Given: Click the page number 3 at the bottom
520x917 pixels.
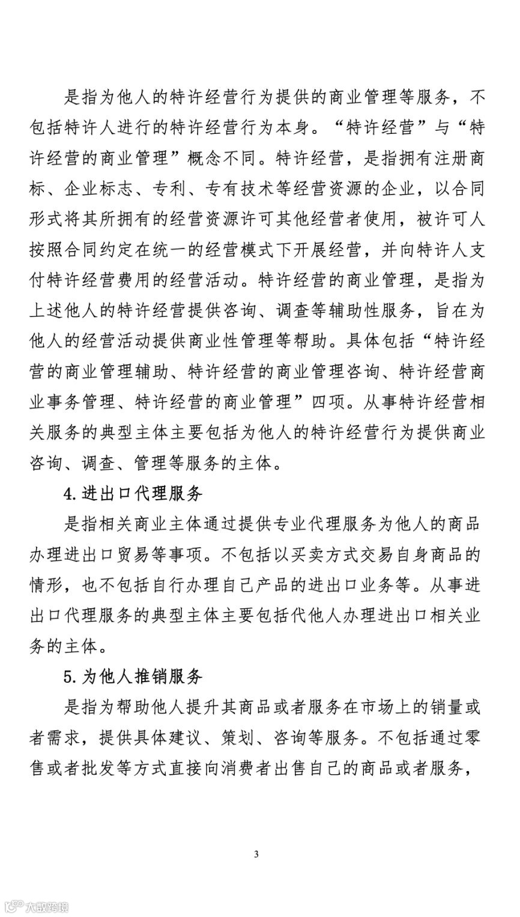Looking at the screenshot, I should [x=256, y=854].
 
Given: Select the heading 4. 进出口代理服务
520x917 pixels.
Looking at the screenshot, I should [x=133, y=495].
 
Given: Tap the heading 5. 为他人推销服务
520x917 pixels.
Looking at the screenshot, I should [x=133, y=677].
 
